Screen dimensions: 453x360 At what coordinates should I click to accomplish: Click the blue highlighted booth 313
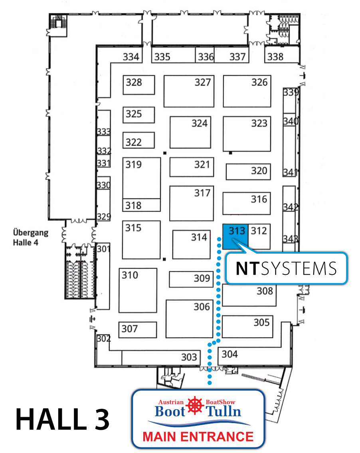click(x=235, y=236)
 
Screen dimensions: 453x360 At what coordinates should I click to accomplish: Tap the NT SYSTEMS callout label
click(x=286, y=268)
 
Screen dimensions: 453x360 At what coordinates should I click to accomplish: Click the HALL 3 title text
click(x=62, y=419)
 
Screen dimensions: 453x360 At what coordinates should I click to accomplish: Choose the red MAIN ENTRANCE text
click(x=198, y=436)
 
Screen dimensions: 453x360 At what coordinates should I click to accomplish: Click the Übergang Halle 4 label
click(x=31, y=237)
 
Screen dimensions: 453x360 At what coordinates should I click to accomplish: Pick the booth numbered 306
click(x=189, y=318)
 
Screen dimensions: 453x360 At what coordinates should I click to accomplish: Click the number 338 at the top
click(x=275, y=57)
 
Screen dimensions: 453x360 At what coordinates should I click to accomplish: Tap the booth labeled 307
click(x=137, y=329)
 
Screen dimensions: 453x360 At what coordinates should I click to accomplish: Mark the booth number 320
click(x=248, y=171)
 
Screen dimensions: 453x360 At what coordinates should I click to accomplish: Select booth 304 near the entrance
click(x=230, y=354)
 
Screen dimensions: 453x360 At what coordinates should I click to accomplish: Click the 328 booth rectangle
click(x=138, y=85)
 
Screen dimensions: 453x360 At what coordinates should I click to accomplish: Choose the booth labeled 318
click(x=141, y=205)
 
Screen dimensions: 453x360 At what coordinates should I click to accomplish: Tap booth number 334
click(x=131, y=57)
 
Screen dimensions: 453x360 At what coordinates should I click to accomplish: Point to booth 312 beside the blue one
click(x=259, y=236)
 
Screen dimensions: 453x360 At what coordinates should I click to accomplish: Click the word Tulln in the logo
click(x=224, y=411)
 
